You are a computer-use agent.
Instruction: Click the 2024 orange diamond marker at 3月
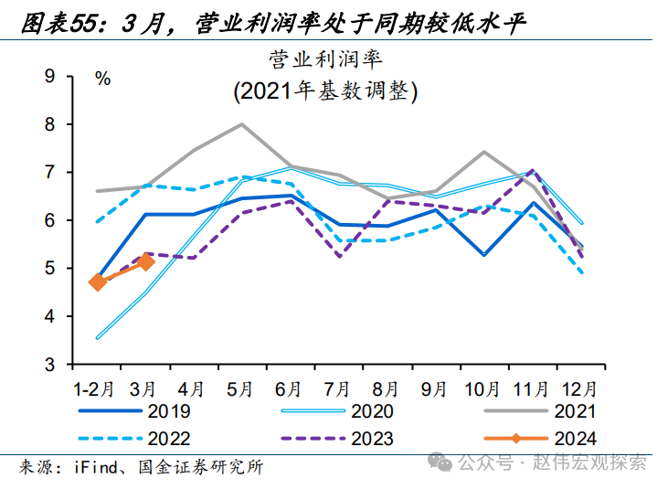pyautogui.click(x=145, y=262)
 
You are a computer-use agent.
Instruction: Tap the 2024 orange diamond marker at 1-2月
pyautogui.click(x=97, y=282)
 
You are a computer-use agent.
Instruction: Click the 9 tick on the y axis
pyautogui.click(x=51, y=77)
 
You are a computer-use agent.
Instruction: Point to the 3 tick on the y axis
pyautogui.click(x=51, y=365)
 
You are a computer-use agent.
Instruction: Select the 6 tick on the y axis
pyautogui.click(x=51, y=220)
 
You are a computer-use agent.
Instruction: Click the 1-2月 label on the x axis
pyautogui.click(x=96, y=388)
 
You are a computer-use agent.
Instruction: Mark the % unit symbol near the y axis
pyautogui.click(x=102, y=79)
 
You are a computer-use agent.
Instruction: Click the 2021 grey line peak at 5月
pyautogui.click(x=241, y=124)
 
